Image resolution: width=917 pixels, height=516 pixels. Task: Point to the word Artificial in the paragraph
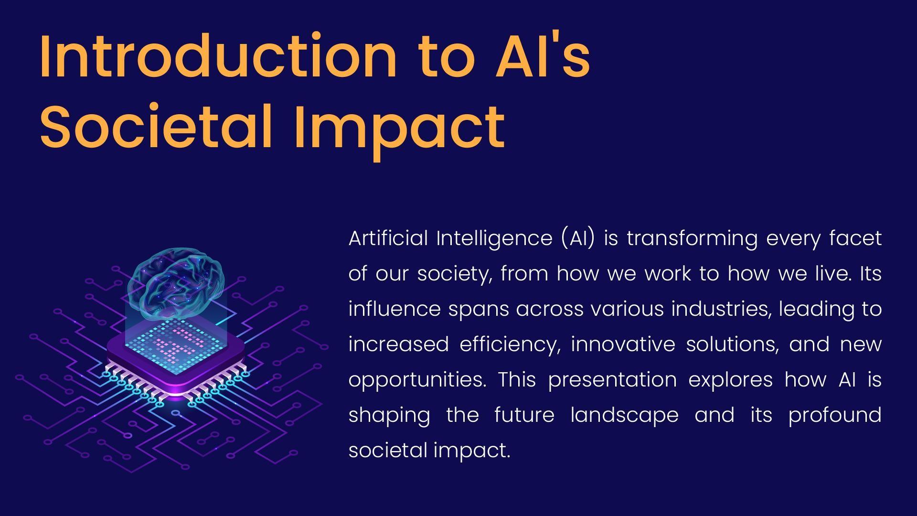tap(388, 238)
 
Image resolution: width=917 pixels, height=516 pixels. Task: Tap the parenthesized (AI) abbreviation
tap(578, 238)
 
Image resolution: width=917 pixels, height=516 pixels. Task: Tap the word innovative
tap(623, 344)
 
